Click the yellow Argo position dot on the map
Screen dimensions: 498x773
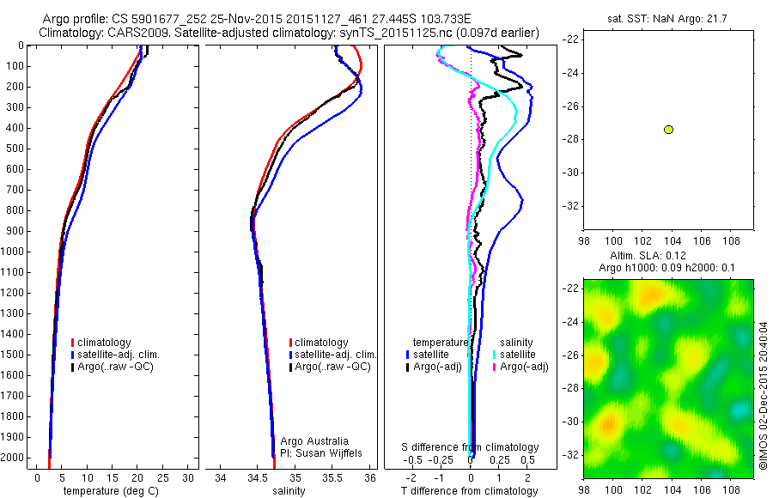click(668, 130)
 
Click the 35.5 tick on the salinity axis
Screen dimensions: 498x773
click(332, 477)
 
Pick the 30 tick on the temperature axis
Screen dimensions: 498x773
click(188, 477)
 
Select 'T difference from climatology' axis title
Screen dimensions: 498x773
click(469, 491)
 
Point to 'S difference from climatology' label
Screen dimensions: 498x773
click(471, 447)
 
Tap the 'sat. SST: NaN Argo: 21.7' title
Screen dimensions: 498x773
click(657, 17)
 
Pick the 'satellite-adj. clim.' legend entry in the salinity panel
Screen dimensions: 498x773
click(334, 355)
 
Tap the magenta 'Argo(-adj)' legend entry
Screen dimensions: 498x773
click(524, 367)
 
